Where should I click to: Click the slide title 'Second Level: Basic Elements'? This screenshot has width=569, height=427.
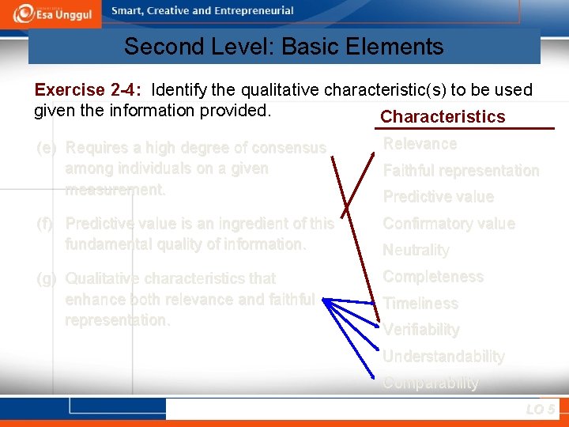tap(284, 47)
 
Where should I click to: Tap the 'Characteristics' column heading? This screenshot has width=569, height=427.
tap(443, 117)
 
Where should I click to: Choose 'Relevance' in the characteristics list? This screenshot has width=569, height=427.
tap(420, 144)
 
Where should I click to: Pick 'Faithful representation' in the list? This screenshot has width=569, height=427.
tap(461, 171)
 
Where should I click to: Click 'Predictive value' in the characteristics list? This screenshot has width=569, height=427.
tap(438, 197)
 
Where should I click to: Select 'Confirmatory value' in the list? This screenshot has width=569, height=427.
tap(448, 224)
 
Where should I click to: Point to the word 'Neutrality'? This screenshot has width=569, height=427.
tap(416, 250)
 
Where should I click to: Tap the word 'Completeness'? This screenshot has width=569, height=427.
tap(432, 277)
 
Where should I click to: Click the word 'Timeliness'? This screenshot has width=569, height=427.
tap(420, 304)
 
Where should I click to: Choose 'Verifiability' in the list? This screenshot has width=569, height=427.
tap(421, 330)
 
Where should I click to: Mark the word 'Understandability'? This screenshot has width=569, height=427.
tap(443, 357)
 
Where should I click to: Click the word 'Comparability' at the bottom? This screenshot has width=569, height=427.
tap(431, 383)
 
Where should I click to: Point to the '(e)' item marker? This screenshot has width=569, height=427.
tap(47, 148)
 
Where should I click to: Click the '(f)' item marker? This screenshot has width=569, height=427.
tap(46, 224)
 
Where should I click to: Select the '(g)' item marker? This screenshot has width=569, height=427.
tap(47, 278)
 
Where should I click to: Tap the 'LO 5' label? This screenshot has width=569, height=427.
tap(540, 410)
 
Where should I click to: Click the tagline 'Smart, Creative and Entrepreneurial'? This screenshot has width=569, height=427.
tap(202, 11)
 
